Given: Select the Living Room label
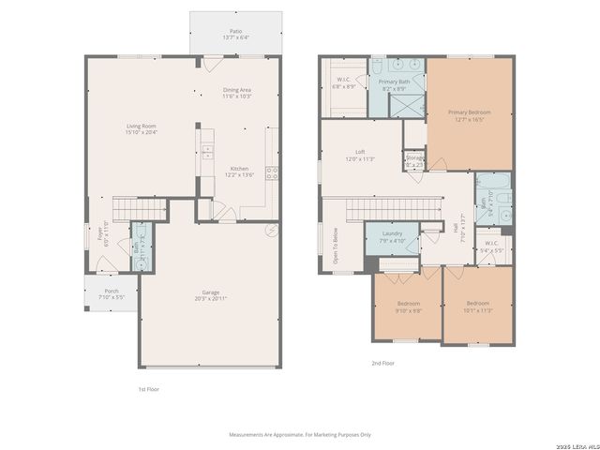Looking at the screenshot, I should pyautogui.click(x=142, y=128).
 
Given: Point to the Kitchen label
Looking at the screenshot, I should pyautogui.click(x=239, y=172).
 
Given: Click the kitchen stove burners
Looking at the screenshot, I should pyautogui.click(x=272, y=172).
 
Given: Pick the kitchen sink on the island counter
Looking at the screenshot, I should pyautogui.click(x=206, y=153).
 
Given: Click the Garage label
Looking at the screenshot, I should pyautogui.click(x=210, y=294).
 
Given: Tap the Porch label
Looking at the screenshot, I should pyautogui.click(x=112, y=293).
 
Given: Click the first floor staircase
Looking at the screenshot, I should pyautogui.click(x=139, y=207).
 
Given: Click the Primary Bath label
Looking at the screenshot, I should pyautogui.click(x=393, y=84).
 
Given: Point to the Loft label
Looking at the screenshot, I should pyautogui.click(x=360, y=155).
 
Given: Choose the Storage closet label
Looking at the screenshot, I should pyautogui.click(x=414, y=159).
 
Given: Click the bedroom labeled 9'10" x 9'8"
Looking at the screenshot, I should pyautogui.click(x=409, y=307).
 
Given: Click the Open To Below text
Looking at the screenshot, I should pyautogui.click(x=336, y=246).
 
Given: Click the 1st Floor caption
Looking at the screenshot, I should pyautogui.click(x=148, y=388).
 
